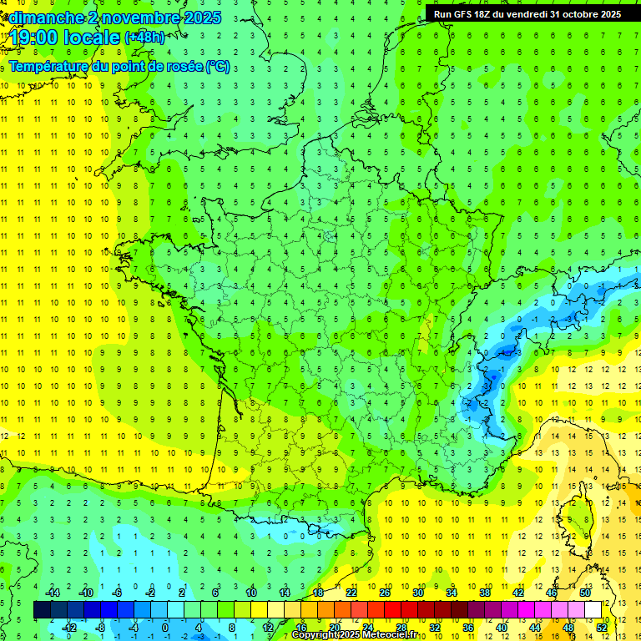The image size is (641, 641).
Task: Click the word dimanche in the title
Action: coord(47,18)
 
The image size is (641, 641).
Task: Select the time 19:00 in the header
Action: coord(35,38)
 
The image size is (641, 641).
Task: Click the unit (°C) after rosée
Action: coord(217,67)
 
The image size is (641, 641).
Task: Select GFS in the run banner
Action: coord(467,14)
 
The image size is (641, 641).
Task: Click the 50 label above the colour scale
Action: coord(584,593)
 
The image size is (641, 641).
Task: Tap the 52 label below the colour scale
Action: coord(603,627)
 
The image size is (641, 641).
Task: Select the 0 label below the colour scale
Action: coord(164,627)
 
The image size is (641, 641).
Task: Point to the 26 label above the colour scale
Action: coord(384,593)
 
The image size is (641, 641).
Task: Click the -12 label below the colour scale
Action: coord(69,627)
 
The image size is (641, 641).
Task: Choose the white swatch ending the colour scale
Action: coord(593,610)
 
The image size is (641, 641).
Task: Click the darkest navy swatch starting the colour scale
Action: coord(42,610)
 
